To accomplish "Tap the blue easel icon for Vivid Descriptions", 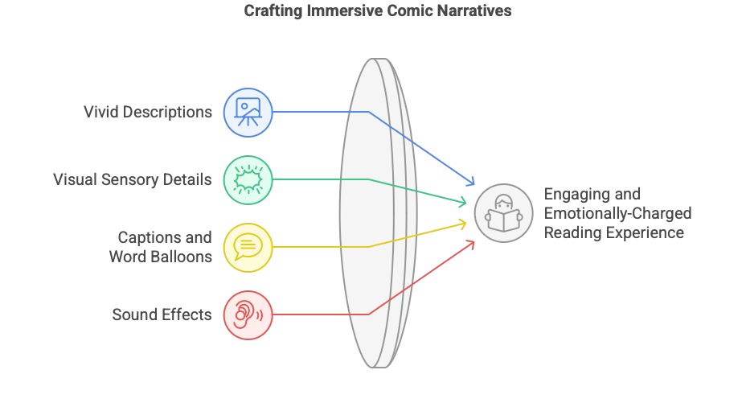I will (248, 111).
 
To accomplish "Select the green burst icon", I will (248, 179).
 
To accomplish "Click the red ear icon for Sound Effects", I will (248, 314).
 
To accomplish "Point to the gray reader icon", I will (503, 213).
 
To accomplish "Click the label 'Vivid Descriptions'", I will (148, 111).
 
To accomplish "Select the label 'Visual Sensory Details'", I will (132, 179).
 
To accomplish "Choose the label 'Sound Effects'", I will (162, 314).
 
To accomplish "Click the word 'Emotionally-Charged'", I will (617, 213).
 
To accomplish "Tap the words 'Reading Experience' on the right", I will (614, 232).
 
